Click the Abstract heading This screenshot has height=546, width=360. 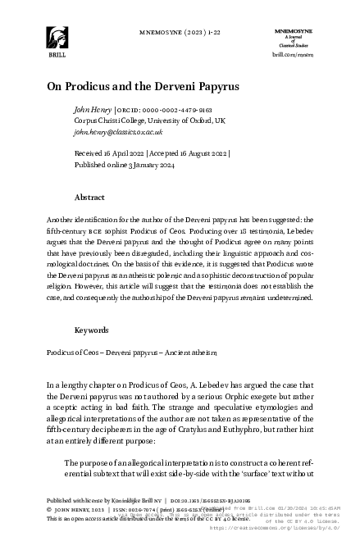click(x=89, y=198)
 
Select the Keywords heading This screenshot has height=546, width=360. click(x=92, y=330)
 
